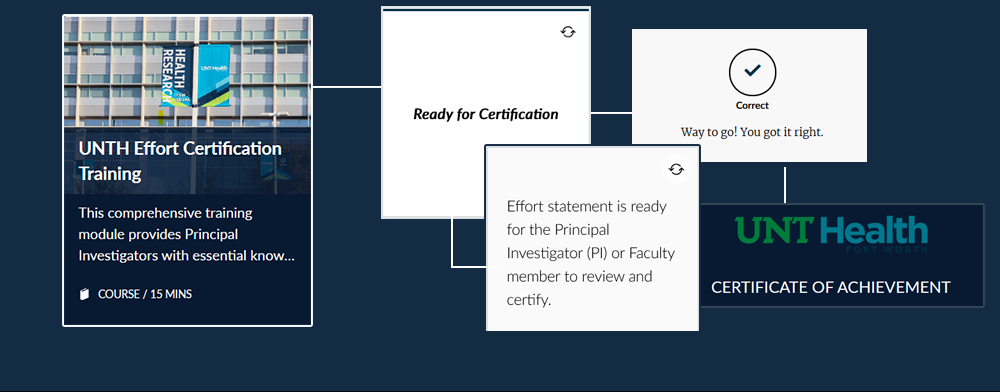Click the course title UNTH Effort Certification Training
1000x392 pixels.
point(180,161)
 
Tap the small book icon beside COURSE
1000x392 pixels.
point(84,294)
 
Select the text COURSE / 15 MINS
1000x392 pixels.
point(145,294)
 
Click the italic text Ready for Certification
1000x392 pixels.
point(485,115)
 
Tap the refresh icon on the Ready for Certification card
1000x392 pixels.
point(568,32)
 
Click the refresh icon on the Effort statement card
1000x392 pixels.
point(676,169)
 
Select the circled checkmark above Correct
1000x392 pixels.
point(753,71)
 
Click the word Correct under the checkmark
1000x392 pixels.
point(753,106)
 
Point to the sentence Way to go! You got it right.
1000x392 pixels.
point(753,133)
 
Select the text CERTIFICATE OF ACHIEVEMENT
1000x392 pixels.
point(830,287)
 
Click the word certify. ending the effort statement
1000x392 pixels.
point(528,300)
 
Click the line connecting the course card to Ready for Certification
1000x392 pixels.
point(347,86)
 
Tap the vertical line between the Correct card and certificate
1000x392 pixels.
point(784,185)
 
